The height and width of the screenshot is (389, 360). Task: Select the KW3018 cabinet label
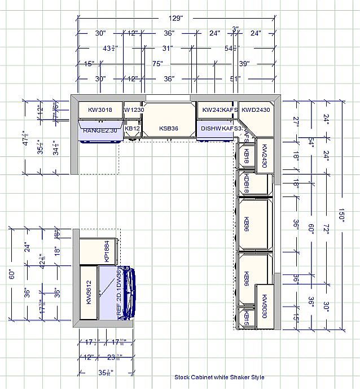coord(100,110)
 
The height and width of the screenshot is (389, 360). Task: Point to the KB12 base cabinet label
coord(133,129)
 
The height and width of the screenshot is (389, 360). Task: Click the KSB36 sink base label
coord(169,129)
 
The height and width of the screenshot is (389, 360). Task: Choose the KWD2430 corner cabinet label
coord(256,110)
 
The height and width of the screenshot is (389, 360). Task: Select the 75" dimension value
coord(158,64)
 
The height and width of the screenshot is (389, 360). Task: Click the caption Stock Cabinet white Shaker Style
coord(219,377)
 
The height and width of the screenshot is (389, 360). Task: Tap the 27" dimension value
coord(296,120)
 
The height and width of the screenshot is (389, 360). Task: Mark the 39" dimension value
coord(244,64)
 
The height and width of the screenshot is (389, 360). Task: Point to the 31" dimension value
coord(167,49)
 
